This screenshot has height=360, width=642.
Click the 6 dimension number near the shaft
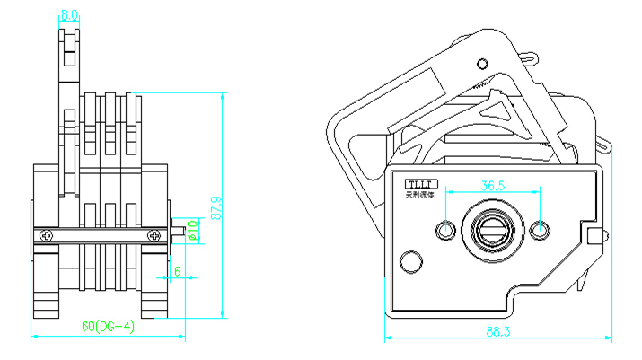click(x=177, y=270)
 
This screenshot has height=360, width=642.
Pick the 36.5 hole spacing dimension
click(x=492, y=185)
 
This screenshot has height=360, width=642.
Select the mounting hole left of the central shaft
click(x=446, y=231)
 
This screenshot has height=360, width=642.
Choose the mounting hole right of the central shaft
click(x=539, y=231)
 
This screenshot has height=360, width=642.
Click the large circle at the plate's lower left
click(x=410, y=263)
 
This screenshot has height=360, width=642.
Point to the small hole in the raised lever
click(x=482, y=63)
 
